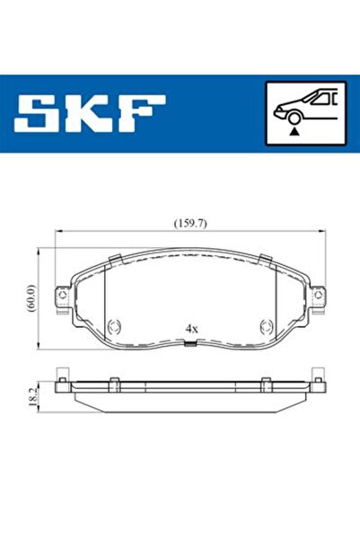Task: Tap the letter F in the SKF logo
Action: click(x=141, y=113)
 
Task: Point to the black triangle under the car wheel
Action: click(x=294, y=131)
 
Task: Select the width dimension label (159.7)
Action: click(x=190, y=224)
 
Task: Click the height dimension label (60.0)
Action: click(x=31, y=298)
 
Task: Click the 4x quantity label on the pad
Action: click(x=192, y=329)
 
